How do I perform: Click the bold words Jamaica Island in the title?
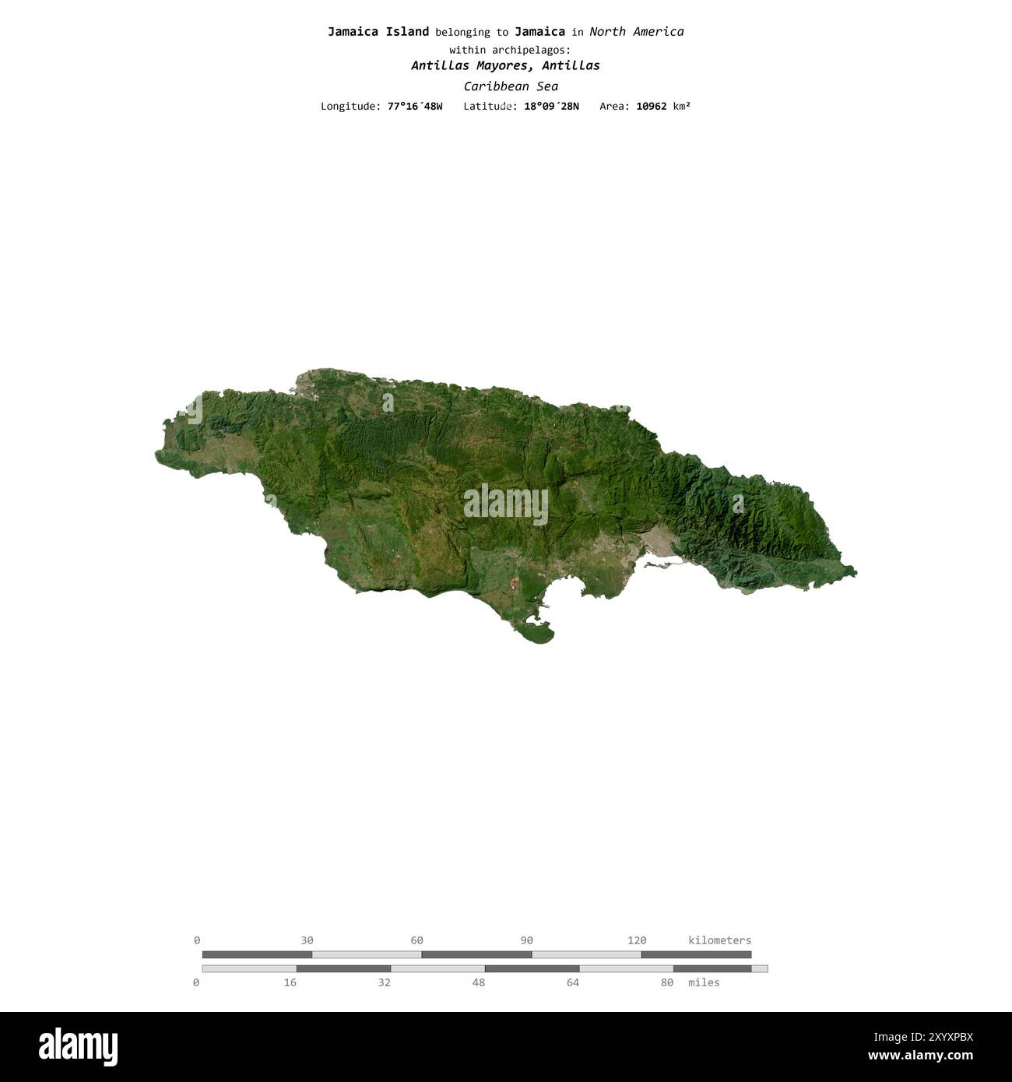[378, 32]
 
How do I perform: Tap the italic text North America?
[636, 32]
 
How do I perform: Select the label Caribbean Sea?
[510, 86]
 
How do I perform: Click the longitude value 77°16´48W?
[415, 106]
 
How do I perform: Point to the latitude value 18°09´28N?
[551, 106]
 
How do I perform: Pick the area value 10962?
[651, 106]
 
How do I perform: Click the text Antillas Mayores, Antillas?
[505, 66]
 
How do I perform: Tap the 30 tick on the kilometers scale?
[307, 940]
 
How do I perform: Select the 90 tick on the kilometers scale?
[527, 940]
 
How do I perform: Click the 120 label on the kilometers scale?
[637, 940]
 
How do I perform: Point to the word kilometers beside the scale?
[719, 940]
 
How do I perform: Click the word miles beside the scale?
[704, 983]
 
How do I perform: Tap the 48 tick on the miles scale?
[479, 983]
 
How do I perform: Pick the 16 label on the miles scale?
[290, 983]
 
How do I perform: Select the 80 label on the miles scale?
[667, 983]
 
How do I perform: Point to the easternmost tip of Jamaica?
[856, 574]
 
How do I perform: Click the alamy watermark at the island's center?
[506, 504]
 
